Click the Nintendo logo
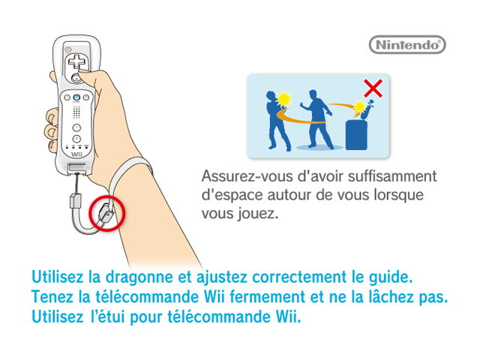pyautogui.click(x=407, y=45)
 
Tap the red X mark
pyautogui.click(x=373, y=88)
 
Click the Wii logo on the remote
pyautogui.click(x=76, y=154)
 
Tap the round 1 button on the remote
pyautogui.click(x=76, y=127)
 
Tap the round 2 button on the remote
pyautogui.click(x=76, y=139)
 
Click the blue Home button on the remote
pyautogui.click(x=76, y=97)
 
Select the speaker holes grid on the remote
pyautogui.click(x=76, y=112)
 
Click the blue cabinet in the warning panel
pyautogui.click(x=356, y=135)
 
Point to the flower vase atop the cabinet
pyautogui.click(x=367, y=110)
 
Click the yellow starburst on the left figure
pyautogui.click(x=283, y=100)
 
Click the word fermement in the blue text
pyautogui.click(x=267, y=297)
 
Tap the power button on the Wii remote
pyautogui.click(x=68, y=49)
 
